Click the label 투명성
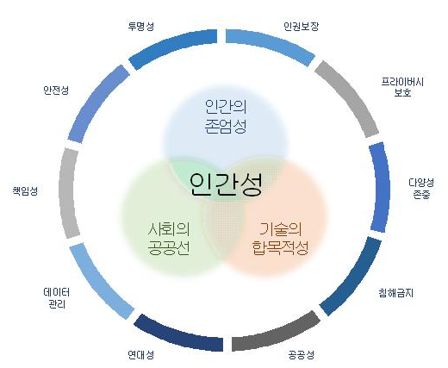pyautogui.click(x=140, y=26)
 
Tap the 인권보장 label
pyautogui.click(x=301, y=26)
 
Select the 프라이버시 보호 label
pyautogui.click(x=402, y=87)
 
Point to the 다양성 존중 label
pyautogui.click(x=421, y=188)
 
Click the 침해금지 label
pyautogui.click(x=395, y=293)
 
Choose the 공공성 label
pyautogui.click(x=302, y=355)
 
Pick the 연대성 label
pyautogui.click(x=140, y=355)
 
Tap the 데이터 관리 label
pyautogui.click(x=57, y=298)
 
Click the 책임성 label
pyautogui.click(x=25, y=190)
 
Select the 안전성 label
pyautogui.click(x=56, y=90)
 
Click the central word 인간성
pyautogui.click(x=226, y=184)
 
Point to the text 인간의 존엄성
pyautogui.click(x=226, y=116)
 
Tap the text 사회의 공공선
pyautogui.click(x=169, y=239)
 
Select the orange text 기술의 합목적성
pyautogui.click(x=280, y=239)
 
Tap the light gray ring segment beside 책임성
pyautogui.click(x=67, y=192)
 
